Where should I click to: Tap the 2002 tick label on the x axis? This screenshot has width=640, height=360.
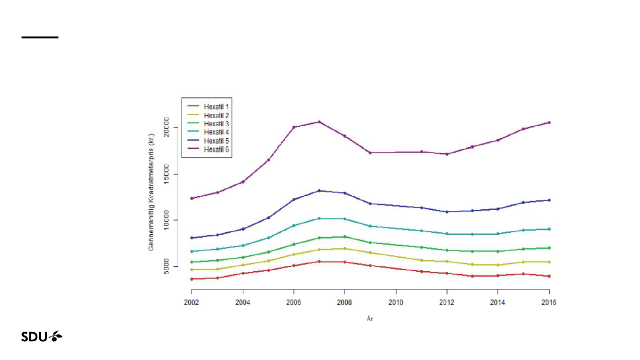(192, 303)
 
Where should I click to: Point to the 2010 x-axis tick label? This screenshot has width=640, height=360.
(396, 303)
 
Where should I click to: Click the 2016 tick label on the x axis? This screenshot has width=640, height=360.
(549, 303)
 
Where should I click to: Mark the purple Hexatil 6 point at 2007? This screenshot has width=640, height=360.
(319, 122)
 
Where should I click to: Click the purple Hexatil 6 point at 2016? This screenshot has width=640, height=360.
(549, 122)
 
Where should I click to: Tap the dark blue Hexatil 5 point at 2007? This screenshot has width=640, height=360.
(319, 191)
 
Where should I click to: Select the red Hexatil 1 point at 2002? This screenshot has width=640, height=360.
(192, 279)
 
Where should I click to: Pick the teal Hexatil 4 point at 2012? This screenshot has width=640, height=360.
(447, 234)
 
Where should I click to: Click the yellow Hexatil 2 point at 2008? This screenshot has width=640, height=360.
(345, 249)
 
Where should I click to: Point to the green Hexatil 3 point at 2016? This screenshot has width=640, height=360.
(549, 248)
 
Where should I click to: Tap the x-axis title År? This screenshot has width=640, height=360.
(370, 318)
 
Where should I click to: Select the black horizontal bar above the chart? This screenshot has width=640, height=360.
(40, 37)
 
